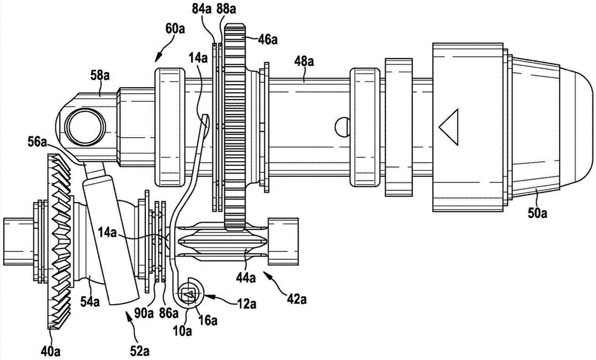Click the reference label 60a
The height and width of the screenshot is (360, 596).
pyautogui.click(x=175, y=29)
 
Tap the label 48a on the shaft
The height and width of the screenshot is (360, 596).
pyautogui.click(x=304, y=61)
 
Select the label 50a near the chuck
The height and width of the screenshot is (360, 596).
pyautogui.click(x=537, y=213)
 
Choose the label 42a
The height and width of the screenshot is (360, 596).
pyautogui.click(x=297, y=300)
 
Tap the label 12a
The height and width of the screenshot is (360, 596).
pyautogui.click(x=246, y=303)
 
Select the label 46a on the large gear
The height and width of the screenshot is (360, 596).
pyautogui.click(x=268, y=39)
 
